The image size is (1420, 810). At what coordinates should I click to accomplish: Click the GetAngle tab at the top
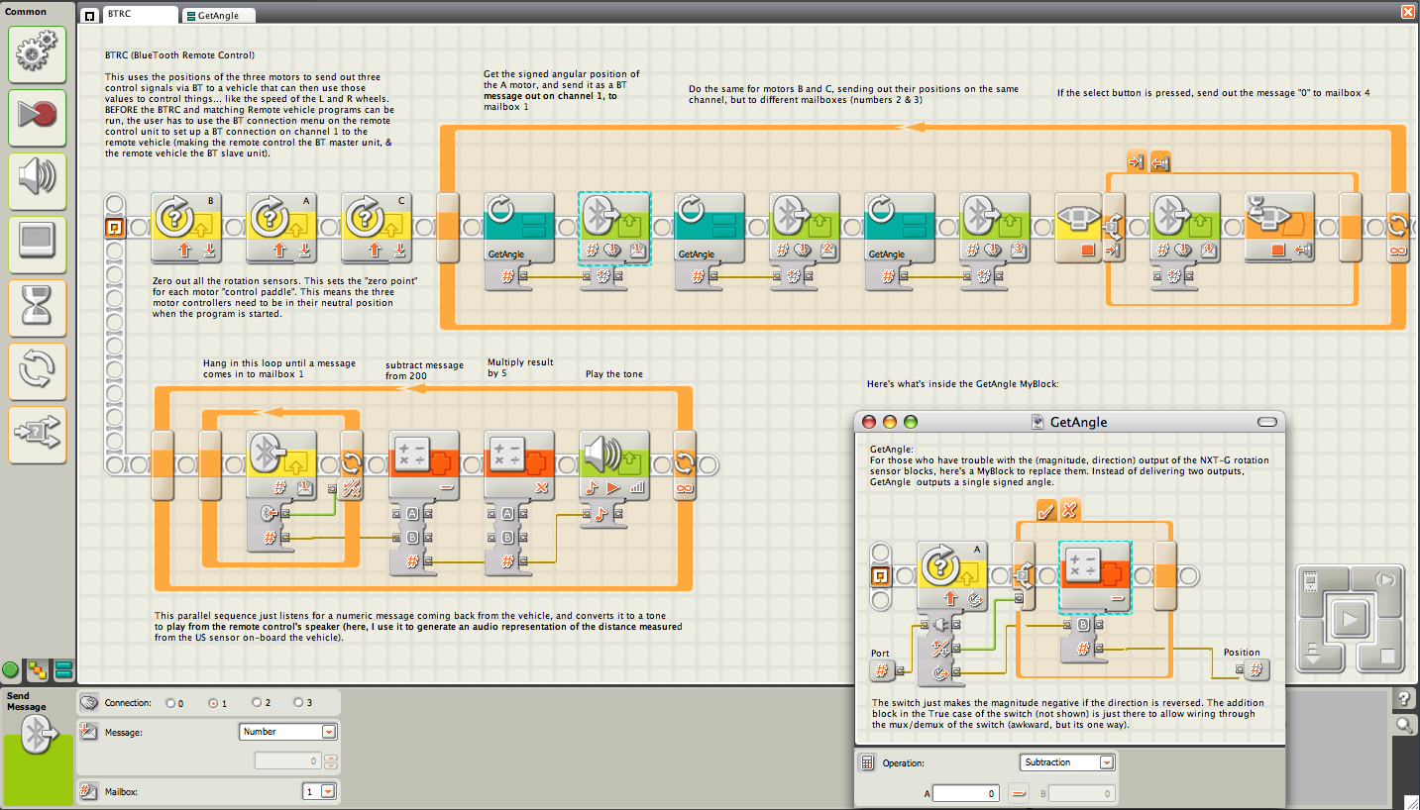pyautogui.click(x=218, y=15)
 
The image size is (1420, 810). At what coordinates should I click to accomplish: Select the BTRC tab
pyautogui.click(x=129, y=15)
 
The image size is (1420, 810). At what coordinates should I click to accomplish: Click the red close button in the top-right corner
pyautogui.click(x=1407, y=11)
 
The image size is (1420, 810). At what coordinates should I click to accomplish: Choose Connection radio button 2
pyautogui.click(x=257, y=702)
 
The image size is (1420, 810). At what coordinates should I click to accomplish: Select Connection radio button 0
pyautogui.click(x=169, y=703)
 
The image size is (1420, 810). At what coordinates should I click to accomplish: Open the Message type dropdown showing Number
pyautogui.click(x=287, y=732)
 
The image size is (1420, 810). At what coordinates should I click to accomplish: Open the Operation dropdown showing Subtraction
pyautogui.click(x=1066, y=762)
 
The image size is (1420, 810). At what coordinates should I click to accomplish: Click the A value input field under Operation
pyautogui.click(x=965, y=793)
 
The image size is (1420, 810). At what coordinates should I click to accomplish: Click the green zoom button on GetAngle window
pyautogui.click(x=911, y=422)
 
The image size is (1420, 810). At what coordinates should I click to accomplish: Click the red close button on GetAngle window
pyautogui.click(x=868, y=422)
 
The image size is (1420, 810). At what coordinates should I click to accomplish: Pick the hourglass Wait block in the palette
pyautogui.click(x=37, y=308)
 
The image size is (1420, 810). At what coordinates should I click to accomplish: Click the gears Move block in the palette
pyautogui.click(x=37, y=54)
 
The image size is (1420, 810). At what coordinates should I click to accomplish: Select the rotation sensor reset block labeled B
pyautogui.click(x=185, y=228)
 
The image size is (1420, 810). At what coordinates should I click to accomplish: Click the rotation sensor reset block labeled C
pyautogui.click(x=376, y=228)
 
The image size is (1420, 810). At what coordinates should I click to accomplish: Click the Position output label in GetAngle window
pyautogui.click(x=1242, y=652)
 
